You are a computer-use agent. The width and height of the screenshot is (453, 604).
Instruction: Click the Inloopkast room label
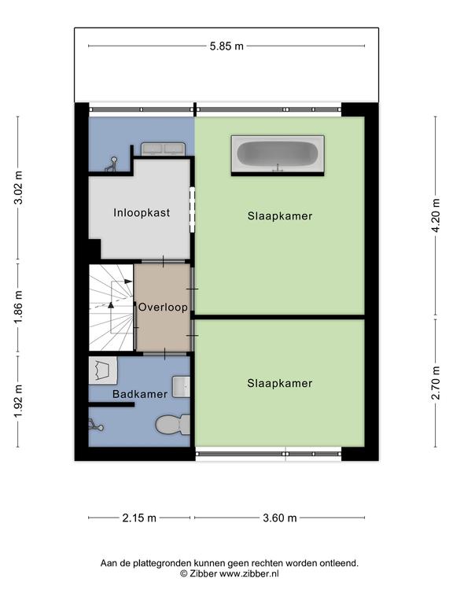[x=142, y=212]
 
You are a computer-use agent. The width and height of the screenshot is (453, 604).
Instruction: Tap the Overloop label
[x=163, y=307]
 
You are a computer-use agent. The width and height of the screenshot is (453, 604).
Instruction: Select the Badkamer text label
[x=140, y=394]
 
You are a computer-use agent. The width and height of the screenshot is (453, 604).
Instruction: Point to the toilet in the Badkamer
[x=172, y=425]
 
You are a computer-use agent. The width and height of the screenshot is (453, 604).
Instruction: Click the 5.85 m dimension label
[x=226, y=46]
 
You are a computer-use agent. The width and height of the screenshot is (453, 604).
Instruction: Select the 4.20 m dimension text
[x=436, y=215]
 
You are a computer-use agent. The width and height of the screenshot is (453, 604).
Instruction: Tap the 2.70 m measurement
[x=436, y=383]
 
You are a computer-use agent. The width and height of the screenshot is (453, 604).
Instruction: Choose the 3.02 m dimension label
[x=18, y=187]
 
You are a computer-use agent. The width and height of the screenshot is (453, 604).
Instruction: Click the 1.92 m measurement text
[x=18, y=401]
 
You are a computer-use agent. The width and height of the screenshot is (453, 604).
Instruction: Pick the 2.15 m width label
[x=139, y=518]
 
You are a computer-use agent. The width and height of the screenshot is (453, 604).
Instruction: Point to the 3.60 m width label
[x=280, y=518]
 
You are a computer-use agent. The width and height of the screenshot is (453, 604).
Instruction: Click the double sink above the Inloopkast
[x=164, y=149]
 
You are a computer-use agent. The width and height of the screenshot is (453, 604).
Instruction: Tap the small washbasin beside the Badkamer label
[x=181, y=387]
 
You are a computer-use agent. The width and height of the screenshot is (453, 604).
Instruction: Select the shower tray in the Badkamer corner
[x=103, y=370]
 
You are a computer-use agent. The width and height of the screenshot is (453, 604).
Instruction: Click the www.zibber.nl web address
[x=249, y=574]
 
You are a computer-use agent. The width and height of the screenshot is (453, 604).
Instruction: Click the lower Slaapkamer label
[x=280, y=383]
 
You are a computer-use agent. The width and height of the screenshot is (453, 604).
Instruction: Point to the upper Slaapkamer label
[x=280, y=215]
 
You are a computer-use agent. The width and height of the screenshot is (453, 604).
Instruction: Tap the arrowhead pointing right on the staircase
[x=129, y=282]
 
